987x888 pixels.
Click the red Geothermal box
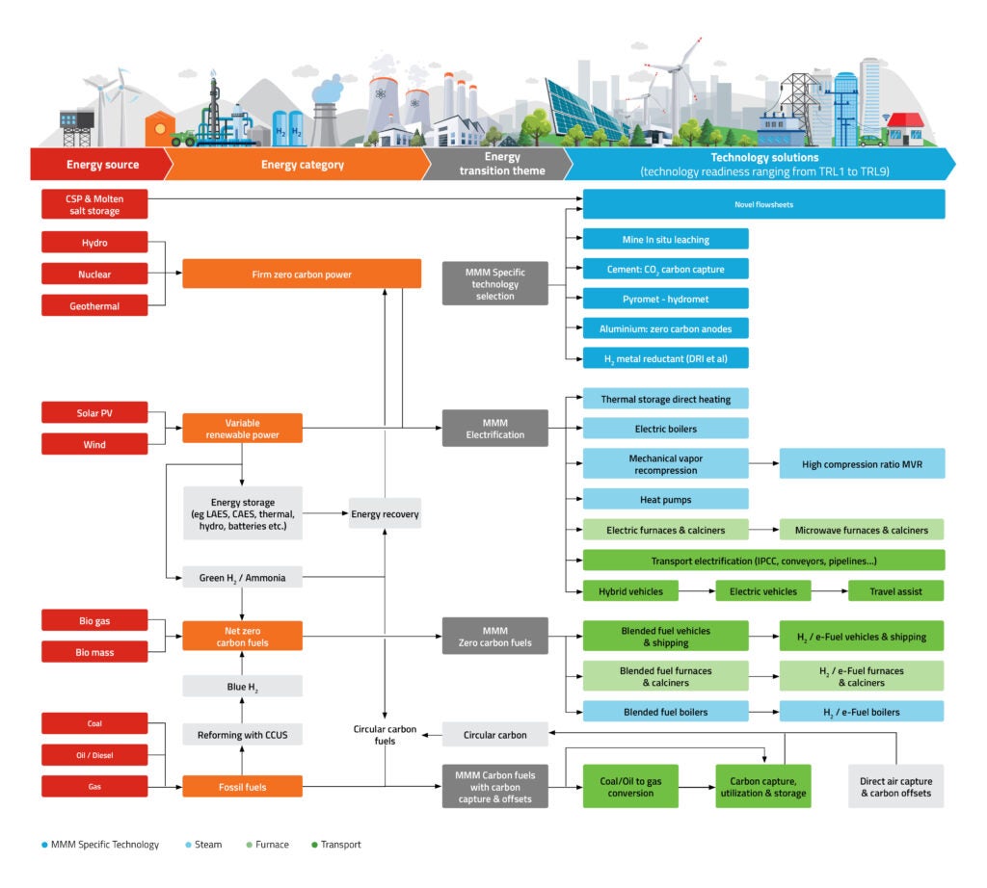94,305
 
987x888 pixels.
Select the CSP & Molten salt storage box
94,203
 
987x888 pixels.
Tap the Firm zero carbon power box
302,274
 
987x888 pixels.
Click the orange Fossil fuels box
242,787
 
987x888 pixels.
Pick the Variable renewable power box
242,429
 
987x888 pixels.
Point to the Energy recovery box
385,514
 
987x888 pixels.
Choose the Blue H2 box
242,686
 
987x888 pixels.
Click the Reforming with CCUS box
242,735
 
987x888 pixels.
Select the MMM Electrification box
495,428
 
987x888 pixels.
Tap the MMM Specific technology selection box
495,284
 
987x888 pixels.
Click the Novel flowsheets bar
763,204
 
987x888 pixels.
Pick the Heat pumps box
665,499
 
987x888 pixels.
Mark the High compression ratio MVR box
862,464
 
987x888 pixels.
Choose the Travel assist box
895,590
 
